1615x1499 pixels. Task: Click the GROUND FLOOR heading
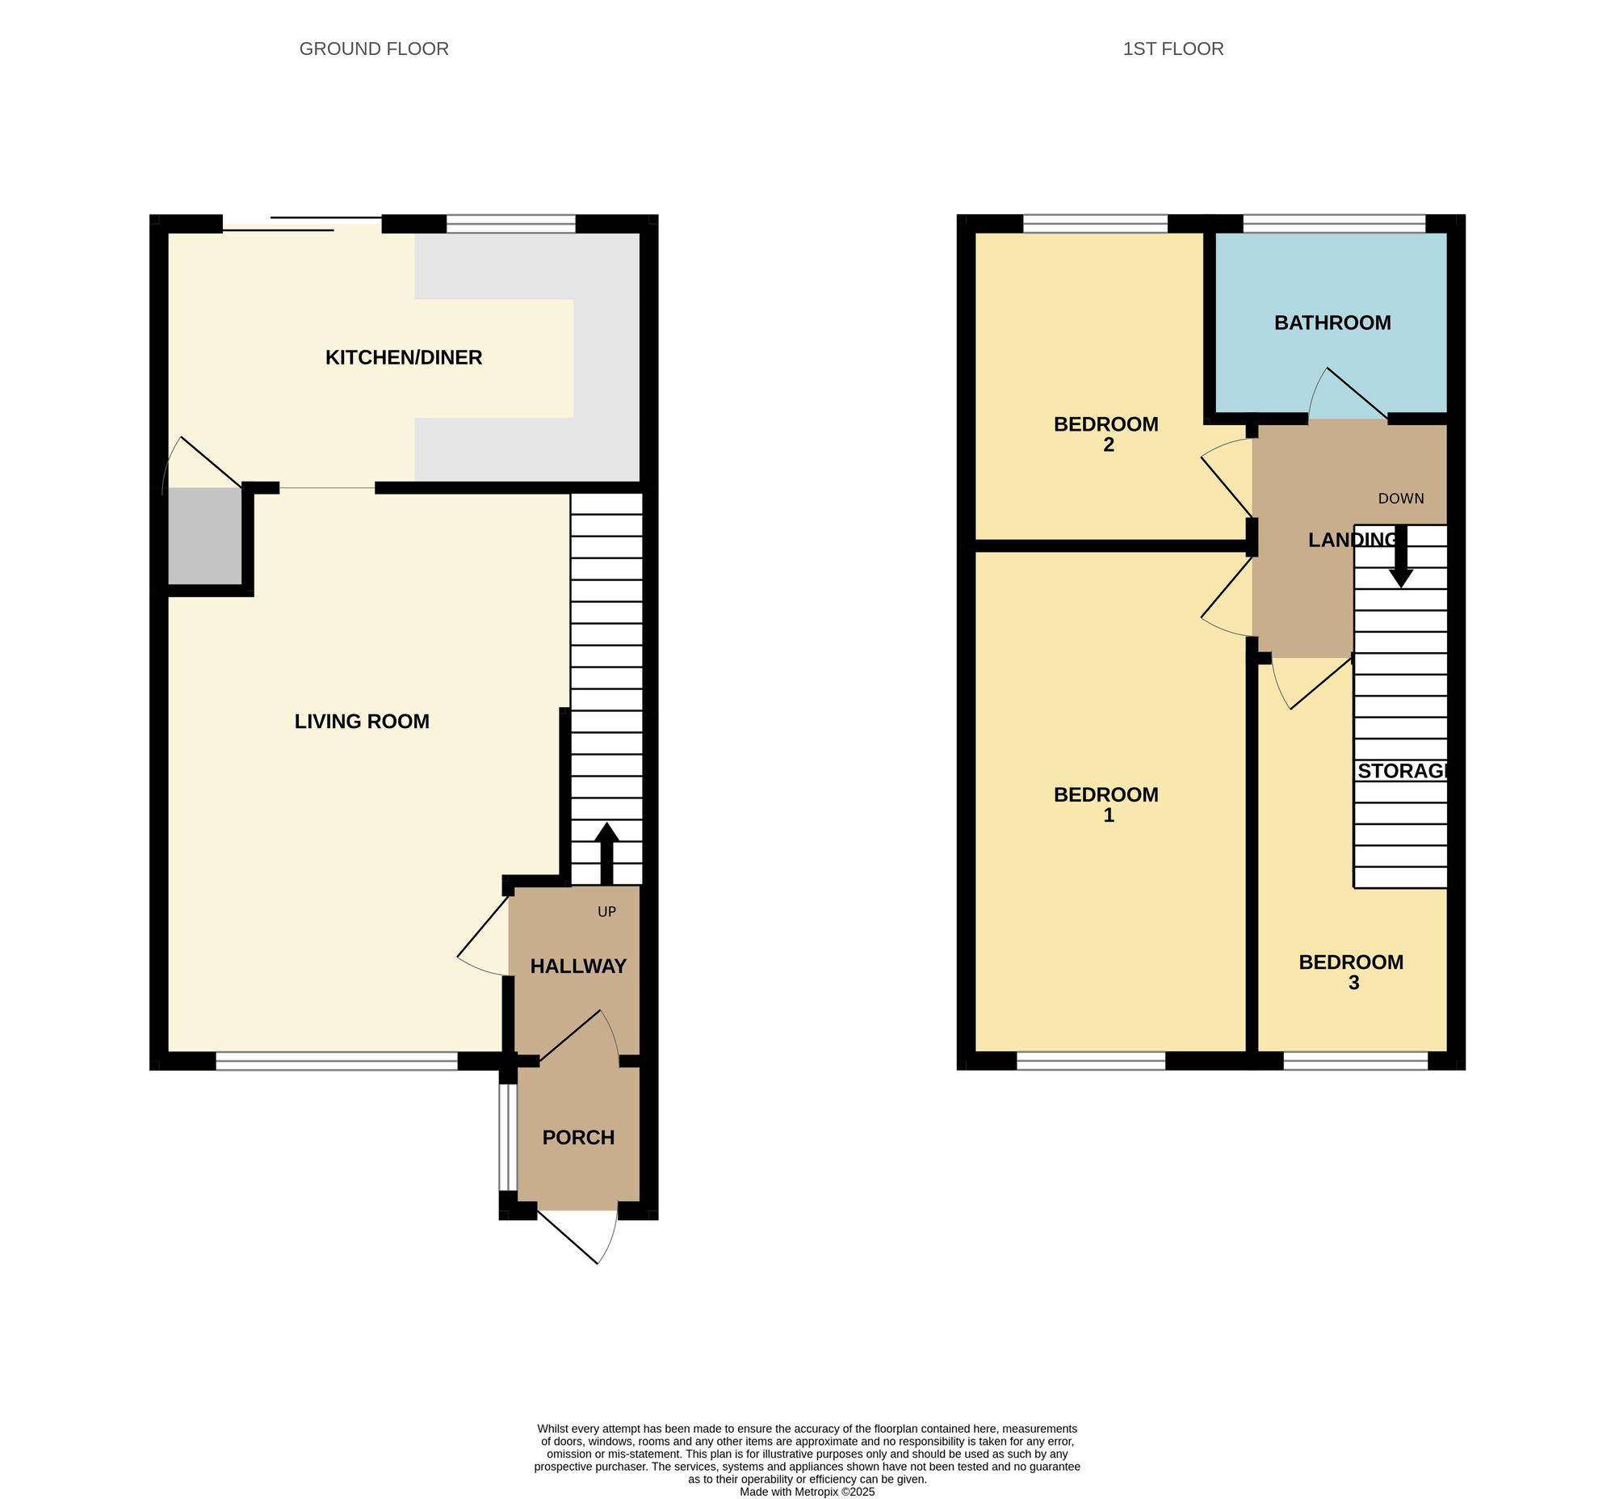(374, 48)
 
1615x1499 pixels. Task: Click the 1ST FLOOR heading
(1172, 48)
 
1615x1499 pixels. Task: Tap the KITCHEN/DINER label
(403, 357)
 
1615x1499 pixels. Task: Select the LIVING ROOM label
(362, 721)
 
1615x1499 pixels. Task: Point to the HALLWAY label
(578, 966)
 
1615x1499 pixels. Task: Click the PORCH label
(578, 1137)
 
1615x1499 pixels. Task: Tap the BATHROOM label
(1332, 323)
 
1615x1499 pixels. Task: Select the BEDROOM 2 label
(1105, 434)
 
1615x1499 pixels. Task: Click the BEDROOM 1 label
(1105, 805)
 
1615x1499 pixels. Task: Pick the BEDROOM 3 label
(1351, 972)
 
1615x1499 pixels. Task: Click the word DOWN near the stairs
(1400, 499)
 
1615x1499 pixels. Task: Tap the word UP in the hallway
(606, 912)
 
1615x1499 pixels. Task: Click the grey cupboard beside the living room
(204, 537)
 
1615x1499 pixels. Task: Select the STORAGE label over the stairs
(1402, 771)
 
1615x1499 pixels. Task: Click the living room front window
(337, 1061)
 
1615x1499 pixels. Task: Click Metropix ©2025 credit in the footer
(807, 1491)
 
